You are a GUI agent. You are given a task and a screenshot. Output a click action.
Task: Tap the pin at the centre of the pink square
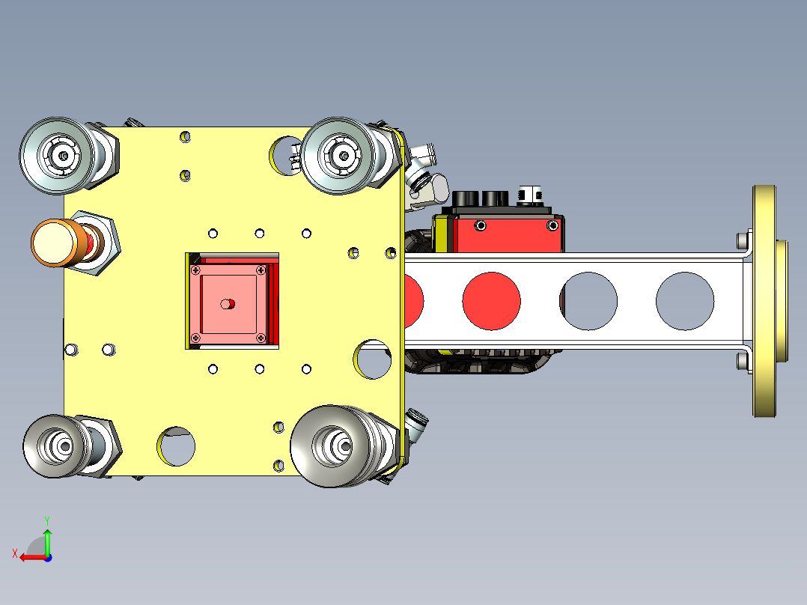[x=228, y=304]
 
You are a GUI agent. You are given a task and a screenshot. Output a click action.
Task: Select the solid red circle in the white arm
[x=491, y=301]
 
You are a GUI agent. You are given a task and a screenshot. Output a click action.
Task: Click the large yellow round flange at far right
[x=765, y=301]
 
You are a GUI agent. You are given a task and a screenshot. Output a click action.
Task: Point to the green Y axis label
[x=47, y=521]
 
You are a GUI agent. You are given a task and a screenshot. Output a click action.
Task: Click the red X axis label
[x=15, y=554]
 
